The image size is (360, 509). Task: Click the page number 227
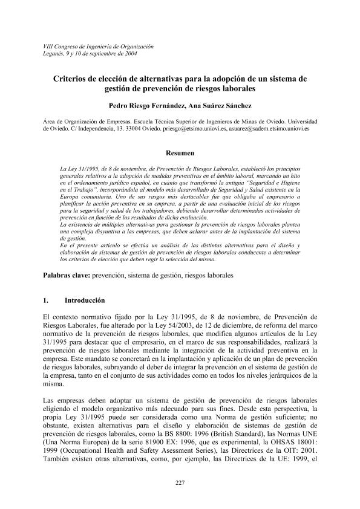click(180, 481)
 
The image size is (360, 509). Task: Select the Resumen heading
click(180, 152)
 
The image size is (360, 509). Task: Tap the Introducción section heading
click(85, 300)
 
